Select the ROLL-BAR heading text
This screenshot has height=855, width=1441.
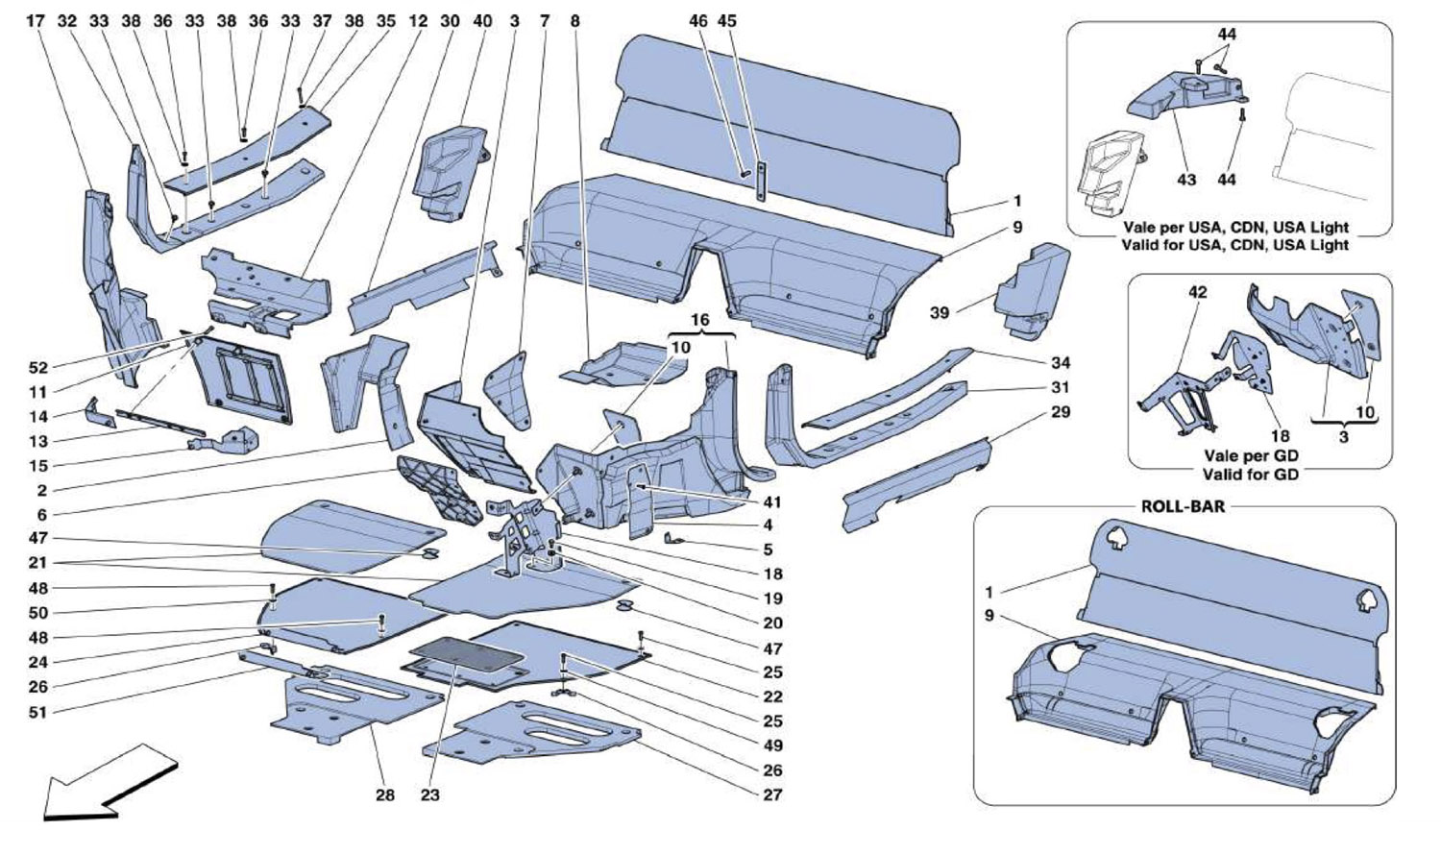click(1183, 506)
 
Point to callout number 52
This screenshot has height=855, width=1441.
click(38, 368)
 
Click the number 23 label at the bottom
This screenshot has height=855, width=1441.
click(429, 794)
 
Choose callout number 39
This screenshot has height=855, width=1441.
click(939, 312)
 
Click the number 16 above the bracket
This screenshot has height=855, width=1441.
click(699, 318)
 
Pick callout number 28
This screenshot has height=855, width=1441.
click(384, 794)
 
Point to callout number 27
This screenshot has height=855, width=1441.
click(772, 794)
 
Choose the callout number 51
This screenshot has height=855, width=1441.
click(38, 712)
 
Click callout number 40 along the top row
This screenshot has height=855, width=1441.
click(482, 20)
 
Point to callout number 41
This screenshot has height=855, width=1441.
click(772, 501)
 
